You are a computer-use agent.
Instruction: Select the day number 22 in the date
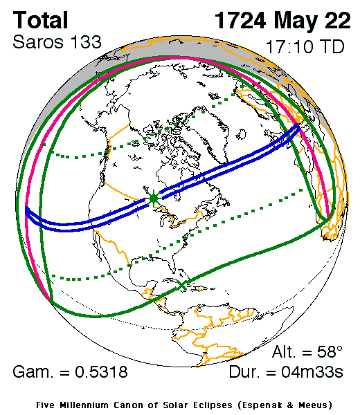pos(336,20)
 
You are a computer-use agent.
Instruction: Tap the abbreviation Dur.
pos(246,373)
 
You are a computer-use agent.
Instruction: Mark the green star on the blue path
pos(154,199)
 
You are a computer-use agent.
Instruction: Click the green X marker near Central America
pos(182,284)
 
